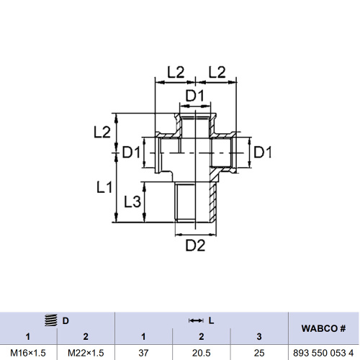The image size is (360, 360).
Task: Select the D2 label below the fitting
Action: (x=196, y=246)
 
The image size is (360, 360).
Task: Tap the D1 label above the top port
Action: (x=196, y=96)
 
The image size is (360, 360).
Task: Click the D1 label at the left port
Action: (x=132, y=153)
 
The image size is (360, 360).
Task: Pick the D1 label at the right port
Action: (x=263, y=153)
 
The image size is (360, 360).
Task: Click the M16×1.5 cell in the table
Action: (x=28, y=352)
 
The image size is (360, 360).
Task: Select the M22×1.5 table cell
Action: (x=86, y=352)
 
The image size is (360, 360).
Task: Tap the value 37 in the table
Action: (x=143, y=352)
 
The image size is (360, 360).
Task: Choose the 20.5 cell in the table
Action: (x=201, y=352)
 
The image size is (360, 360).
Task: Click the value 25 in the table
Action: (x=258, y=352)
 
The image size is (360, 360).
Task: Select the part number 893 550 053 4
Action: (x=323, y=352)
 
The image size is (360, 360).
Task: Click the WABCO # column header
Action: (x=323, y=328)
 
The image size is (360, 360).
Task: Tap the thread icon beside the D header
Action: (x=50, y=320)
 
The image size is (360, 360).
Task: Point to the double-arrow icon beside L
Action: (x=195, y=320)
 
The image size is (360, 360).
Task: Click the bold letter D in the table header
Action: (x=66, y=320)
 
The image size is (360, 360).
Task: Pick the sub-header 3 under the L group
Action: (x=258, y=336)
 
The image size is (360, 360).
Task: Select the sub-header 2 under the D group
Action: (x=86, y=336)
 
